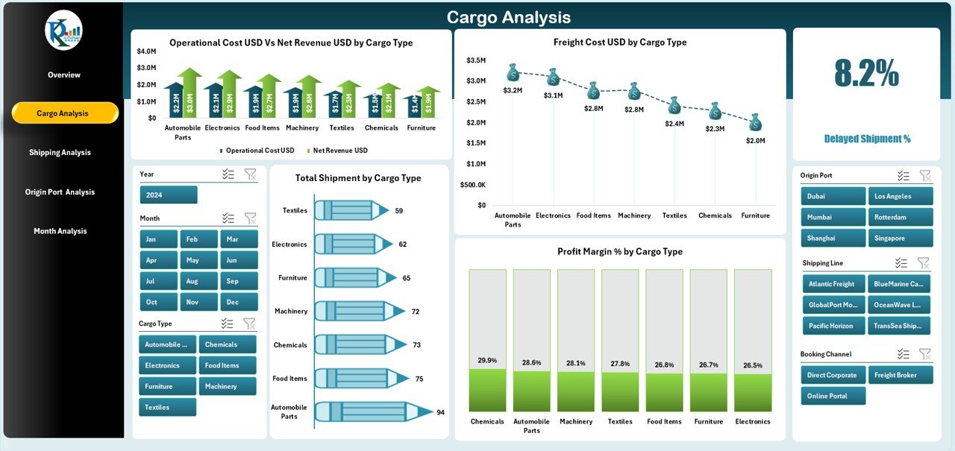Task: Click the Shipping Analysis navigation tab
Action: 60,152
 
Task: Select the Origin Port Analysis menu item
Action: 60,192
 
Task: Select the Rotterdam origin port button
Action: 900,217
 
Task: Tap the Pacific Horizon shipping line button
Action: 833,326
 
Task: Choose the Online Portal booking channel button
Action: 833,396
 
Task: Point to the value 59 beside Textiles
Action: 399,211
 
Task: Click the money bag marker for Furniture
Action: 755,122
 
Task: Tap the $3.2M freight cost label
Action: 513,90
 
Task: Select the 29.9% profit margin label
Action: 487,360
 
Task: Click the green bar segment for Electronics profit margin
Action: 753,392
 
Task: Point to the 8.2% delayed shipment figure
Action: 866,73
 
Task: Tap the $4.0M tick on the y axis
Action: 146,51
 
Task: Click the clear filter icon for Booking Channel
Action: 924,354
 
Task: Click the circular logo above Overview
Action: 63,31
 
